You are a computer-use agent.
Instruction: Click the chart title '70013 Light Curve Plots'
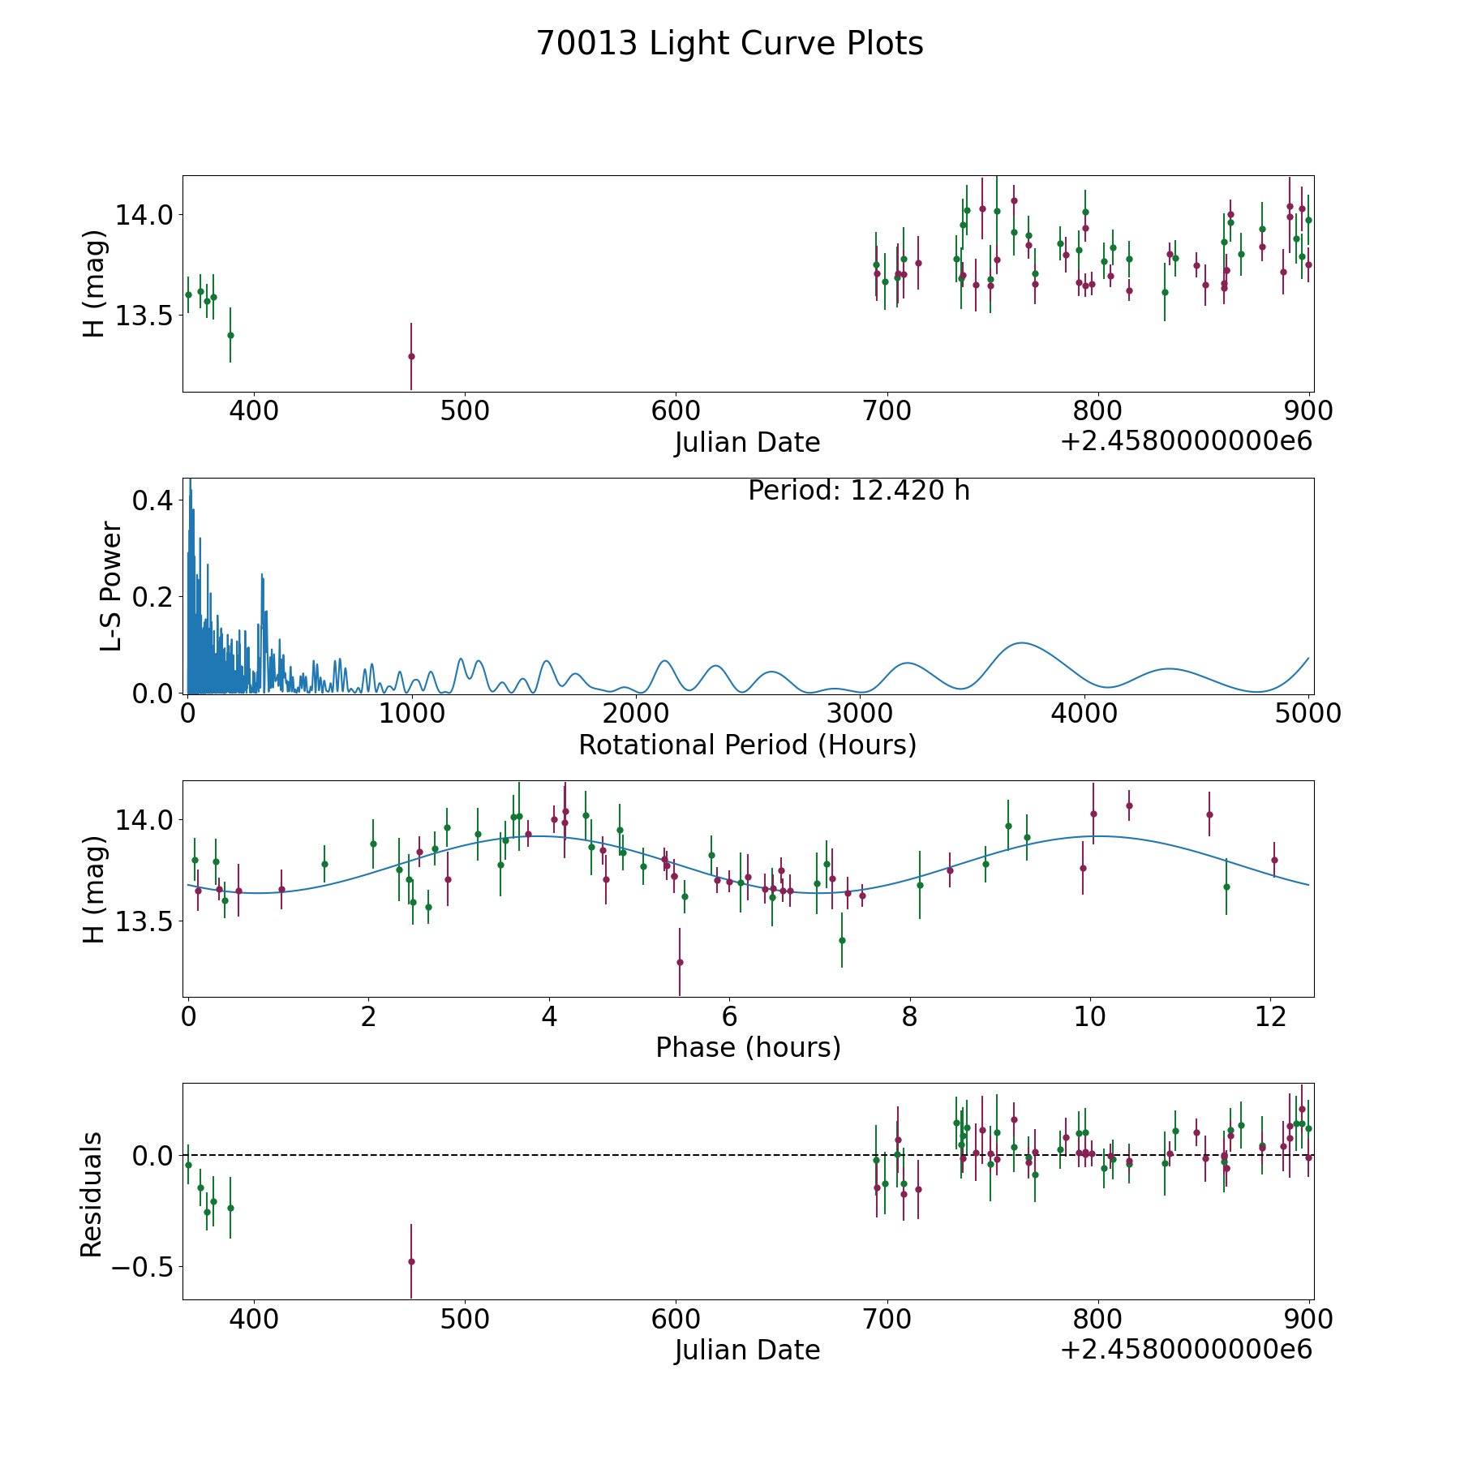pyautogui.click(x=729, y=44)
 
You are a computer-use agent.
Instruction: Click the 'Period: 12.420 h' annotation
pyautogui.click(x=858, y=491)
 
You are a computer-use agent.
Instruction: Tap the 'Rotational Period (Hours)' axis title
pyautogui.click(x=747, y=745)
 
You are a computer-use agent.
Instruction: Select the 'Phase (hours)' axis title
pyautogui.click(x=747, y=1047)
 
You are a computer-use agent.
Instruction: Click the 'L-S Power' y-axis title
pyautogui.click(x=111, y=586)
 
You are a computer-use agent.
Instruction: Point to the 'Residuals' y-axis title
pyautogui.click(x=92, y=1195)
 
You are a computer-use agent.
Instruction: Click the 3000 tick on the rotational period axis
pyautogui.click(x=860, y=714)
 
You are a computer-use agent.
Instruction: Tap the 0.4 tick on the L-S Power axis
pyautogui.click(x=152, y=500)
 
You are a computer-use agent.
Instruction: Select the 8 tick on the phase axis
pyautogui.click(x=910, y=1016)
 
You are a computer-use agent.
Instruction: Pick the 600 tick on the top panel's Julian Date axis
pyautogui.click(x=676, y=411)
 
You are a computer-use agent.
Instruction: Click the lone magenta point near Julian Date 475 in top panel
pyautogui.click(x=411, y=356)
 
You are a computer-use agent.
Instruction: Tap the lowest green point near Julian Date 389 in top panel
pyautogui.click(x=230, y=335)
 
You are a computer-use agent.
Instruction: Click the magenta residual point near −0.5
pyautogui.click(x=411, y=1261)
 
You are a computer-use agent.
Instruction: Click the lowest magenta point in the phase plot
pyautogui.click(x=680, y=962)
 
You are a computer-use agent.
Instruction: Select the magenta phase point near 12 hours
pyautogui.click(x=1274, y=860)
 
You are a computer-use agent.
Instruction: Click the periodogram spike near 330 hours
pyautogui.click(x=262, y=575)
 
